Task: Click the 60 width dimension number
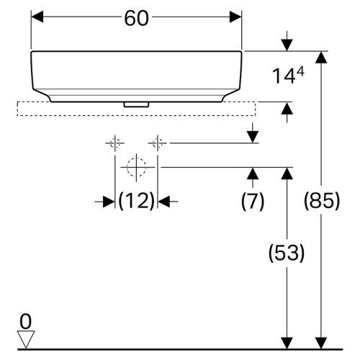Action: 136,19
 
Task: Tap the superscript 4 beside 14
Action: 300,71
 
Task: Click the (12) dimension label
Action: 136,201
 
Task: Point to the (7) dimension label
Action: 253,201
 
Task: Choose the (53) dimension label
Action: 287,253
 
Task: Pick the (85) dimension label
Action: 322,201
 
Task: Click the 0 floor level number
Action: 25,322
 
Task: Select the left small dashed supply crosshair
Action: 115,143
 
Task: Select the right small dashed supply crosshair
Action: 158,143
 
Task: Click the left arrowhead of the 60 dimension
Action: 37,17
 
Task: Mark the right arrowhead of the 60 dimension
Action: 235,17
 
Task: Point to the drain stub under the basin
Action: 136,104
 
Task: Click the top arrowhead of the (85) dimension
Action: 321,58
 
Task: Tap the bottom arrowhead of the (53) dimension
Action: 287,343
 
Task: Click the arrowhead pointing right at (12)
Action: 109,202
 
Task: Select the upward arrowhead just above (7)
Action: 253,174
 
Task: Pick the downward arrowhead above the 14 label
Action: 287,45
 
